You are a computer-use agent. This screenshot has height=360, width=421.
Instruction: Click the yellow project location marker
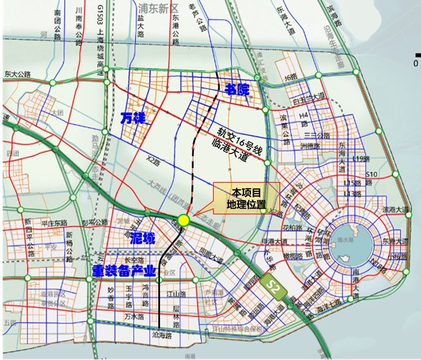pyautogui.click(x=184, y=220)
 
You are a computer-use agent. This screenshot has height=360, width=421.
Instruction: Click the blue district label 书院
pyautogui.click(x=237, y=89)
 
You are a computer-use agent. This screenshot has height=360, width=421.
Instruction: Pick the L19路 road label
pyautogui.click(x=360, y=159)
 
